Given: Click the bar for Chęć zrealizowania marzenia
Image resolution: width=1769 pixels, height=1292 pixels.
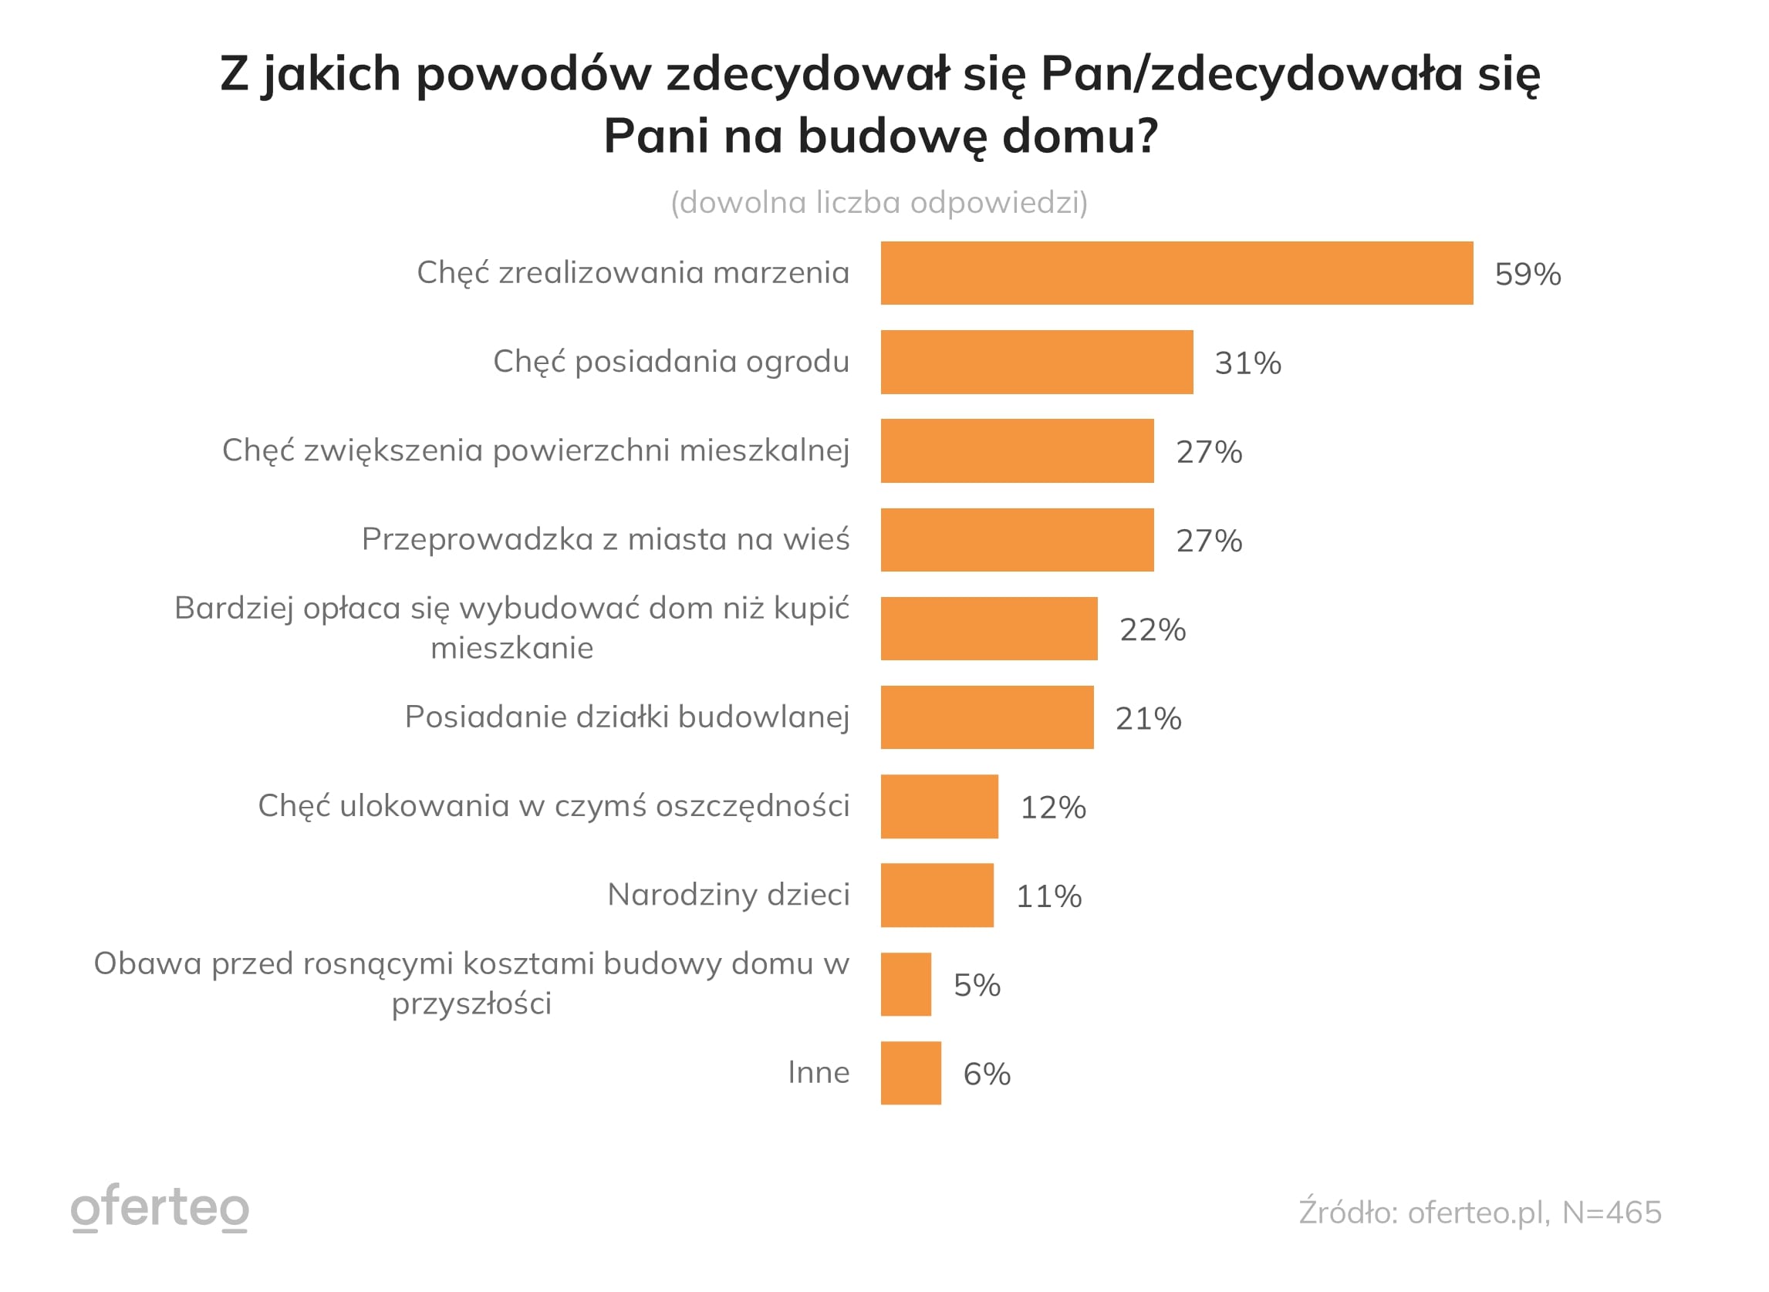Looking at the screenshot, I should (1177, 274).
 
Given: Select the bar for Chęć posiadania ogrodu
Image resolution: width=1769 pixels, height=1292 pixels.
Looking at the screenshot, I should (1036, 362).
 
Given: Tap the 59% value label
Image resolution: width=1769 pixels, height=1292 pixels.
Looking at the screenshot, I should (1527, 275).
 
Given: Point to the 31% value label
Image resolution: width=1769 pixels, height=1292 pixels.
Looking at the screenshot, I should (1247, 363).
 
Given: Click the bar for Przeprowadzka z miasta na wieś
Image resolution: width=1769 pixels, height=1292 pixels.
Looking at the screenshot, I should (1017, 541).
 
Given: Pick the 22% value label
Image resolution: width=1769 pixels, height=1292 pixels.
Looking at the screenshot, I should (1152, 630).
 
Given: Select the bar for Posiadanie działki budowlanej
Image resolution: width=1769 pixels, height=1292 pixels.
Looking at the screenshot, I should (987, 718).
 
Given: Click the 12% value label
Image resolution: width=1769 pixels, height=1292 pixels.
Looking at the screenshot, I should (1052, 808).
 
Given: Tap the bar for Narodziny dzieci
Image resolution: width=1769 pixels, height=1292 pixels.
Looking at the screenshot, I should (937, 896).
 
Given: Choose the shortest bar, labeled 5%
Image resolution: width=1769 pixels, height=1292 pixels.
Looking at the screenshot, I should (906, 985).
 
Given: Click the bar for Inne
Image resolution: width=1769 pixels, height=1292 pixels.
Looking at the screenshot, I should (910, 1074).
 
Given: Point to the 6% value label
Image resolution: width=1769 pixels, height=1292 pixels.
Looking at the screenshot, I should (986, 1074).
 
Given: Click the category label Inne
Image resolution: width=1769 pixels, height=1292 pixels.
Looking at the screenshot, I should (818, 1072).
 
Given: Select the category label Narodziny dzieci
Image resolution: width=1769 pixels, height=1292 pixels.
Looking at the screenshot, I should (728, 895).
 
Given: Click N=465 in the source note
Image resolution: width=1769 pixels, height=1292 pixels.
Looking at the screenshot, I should (1611, 1213).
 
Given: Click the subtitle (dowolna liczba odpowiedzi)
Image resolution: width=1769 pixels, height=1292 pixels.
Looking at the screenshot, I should (879, 203).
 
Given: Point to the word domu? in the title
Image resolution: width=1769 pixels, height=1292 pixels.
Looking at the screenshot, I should (1079, 136).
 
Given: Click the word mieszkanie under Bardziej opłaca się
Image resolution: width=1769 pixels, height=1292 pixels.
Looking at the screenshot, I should (511, 649).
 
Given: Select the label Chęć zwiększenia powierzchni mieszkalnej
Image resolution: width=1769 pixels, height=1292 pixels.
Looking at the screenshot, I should (535, 450).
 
